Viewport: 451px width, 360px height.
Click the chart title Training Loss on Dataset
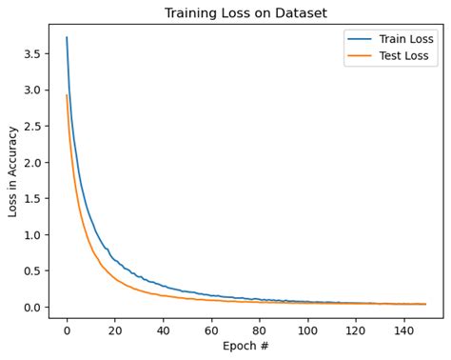(x=245, y=13)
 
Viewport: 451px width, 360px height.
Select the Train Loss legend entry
(x=404, y=39)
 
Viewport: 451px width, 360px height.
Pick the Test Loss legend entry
(x=403, y=56)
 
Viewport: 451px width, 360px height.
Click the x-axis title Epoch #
(x=245, y=346)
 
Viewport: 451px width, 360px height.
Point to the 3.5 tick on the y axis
(x=32, y=54)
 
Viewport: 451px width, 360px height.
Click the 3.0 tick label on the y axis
(x=32, y=90)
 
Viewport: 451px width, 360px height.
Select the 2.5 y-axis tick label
(x=32, y=127)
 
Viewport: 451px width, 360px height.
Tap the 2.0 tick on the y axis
(x=32, y=163)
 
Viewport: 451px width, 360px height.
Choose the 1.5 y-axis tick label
(x=32, y=199)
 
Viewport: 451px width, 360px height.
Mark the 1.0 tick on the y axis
(x=32, y=235)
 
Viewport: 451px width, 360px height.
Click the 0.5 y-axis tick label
(x=32, y=271)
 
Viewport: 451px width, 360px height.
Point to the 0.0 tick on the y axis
(x=32, y=308)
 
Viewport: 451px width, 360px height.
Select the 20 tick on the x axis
(x=115, y=330)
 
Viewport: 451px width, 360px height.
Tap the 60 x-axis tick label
(x=211, y=330)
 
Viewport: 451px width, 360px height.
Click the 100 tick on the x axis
(x=307, y=330)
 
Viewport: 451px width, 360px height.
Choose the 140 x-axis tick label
(x=403, y=330)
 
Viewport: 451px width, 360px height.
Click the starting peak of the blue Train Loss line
(x=67, y=38)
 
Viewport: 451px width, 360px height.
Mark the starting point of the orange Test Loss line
(x=67, y=95)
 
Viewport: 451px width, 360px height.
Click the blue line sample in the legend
(x=359, y=40)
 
